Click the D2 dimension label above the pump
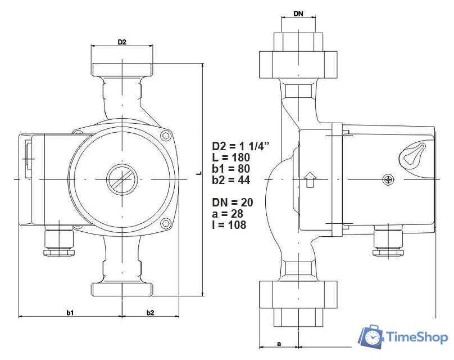pyautogui.click(x=121, y=42)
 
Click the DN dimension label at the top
pyautogui.click(x=298, y=12)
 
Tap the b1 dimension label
pyautogui.click(x=71, y=312)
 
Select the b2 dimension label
pyautogui.click(x=150, y=312)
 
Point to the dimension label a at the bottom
pyautogui.click(x=279, y=342)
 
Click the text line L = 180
pyautogui.click(x=231, y=157)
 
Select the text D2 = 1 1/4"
pyautogui.click(x=240, y=146)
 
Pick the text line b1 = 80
pyautogui.click(x=231, y=169)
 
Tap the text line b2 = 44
pyautogui.click(x=231, y=180)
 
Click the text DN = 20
pyautogui.click(x=233, y=202)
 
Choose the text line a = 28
pyautogui.click(x=228, y=213)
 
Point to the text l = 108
pyautogui.click(x=229, y=224)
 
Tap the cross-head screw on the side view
pyautogui.click(x=388, y=179)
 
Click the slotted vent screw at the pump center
pyautogui.click(x=121, y=179)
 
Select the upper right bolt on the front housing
pyautogui.click(x=165, y=136)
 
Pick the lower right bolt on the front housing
pyautogui.click(x=165, y=224)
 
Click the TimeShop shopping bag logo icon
pyautogui.click(x=371, y=336)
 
